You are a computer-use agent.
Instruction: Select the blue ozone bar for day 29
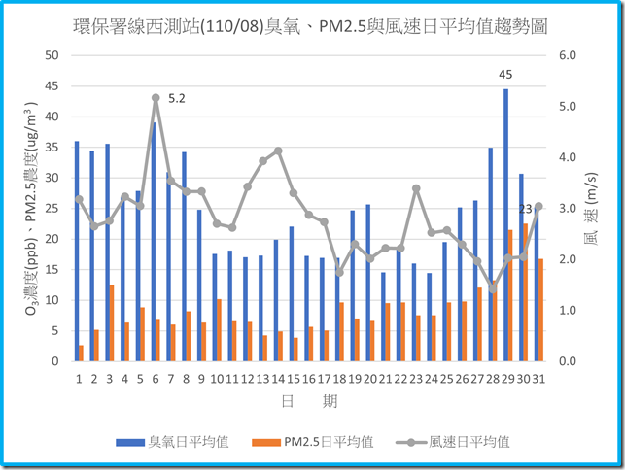point(505,223)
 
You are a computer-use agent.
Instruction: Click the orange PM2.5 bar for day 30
point(526,291)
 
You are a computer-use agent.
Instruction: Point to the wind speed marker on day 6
point(156,97)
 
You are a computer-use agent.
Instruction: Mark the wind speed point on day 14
point(278,151)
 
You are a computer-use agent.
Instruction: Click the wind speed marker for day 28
point(493,287)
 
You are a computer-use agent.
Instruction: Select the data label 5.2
point(177,98)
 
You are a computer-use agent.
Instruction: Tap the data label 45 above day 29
point(505,74)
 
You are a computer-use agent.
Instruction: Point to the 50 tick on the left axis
point(52,55)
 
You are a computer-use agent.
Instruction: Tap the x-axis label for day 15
point(294,378)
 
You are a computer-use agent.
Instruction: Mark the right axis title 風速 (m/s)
point(592,209)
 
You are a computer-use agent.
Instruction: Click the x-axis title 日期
point(311,401)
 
